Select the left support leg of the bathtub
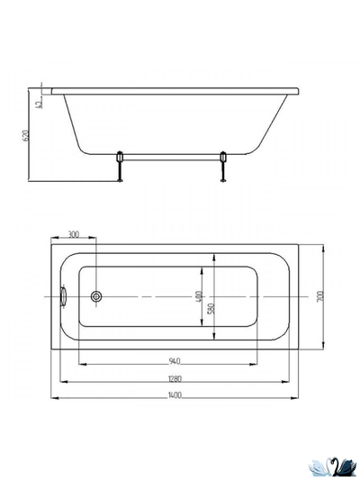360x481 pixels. tap(121, 168)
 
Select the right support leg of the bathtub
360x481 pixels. tap(223, 168)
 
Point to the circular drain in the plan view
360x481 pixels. tap(97, 296)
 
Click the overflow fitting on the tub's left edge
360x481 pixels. tap(64, 296)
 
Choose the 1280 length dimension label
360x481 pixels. tap(178, 377)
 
